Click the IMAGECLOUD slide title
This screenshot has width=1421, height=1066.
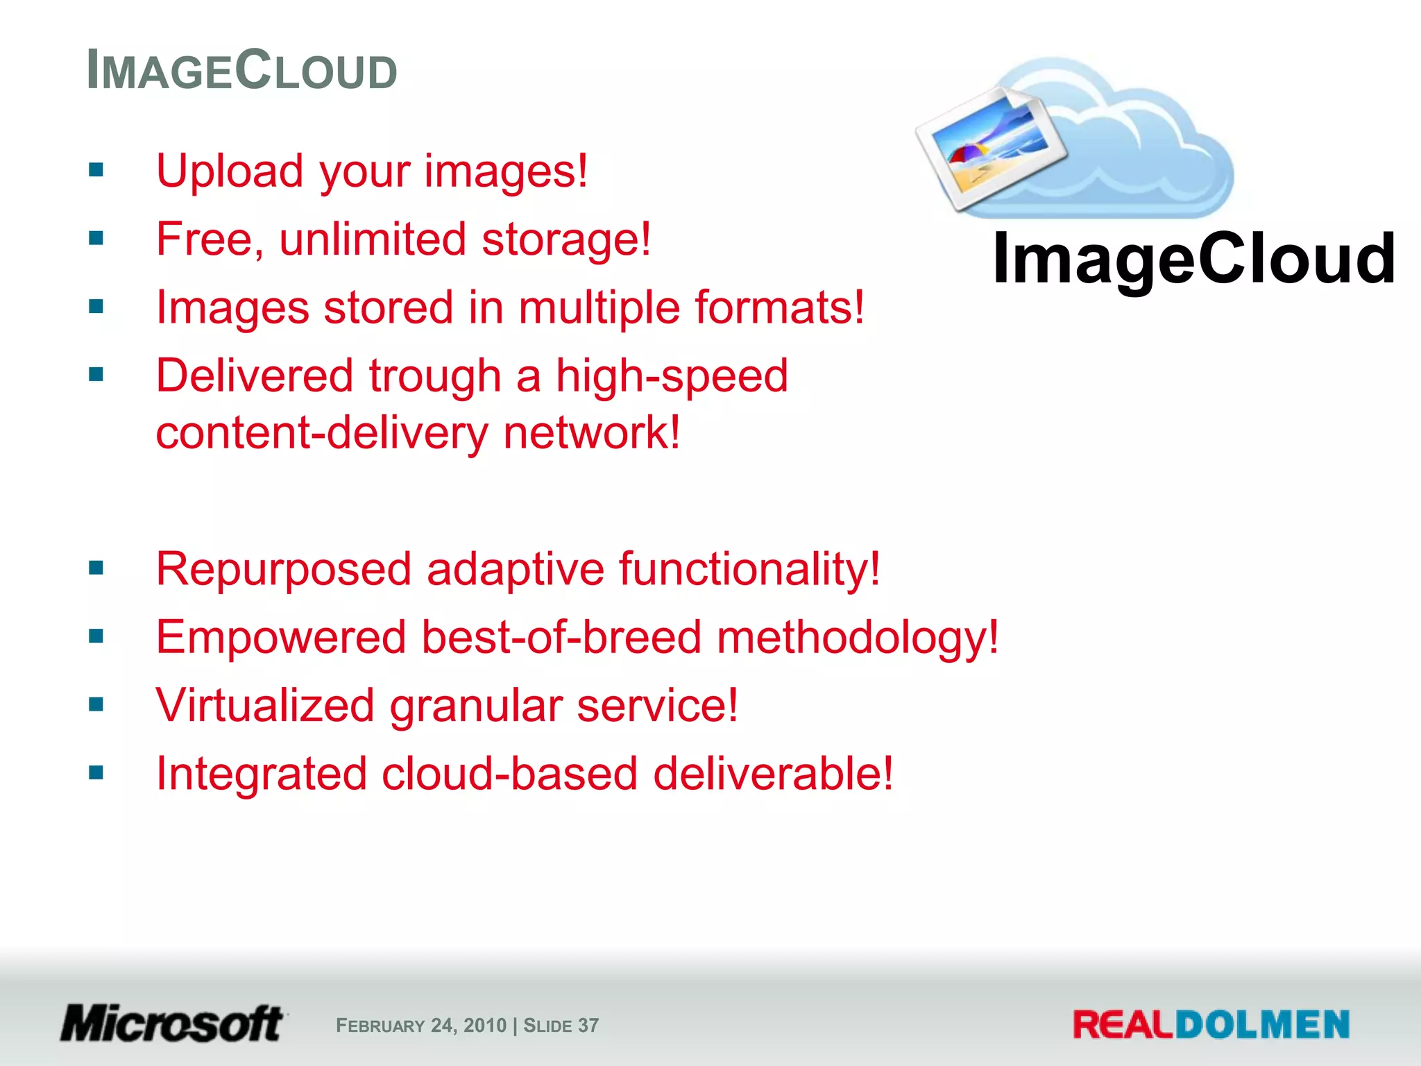click(x=241, y=71)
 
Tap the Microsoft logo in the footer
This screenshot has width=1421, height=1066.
click(x=172, y=1024)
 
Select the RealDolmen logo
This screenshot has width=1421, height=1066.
click(x=1211, y=1025)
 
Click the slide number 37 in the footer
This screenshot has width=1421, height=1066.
click(x=588, y=1026)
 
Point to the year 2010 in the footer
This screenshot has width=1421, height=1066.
click(x=485, y=1026)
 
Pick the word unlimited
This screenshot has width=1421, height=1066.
click(x=373, y=239)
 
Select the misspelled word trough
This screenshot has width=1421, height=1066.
click(x=434, y=376)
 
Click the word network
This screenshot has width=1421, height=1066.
click(x=591, y=433)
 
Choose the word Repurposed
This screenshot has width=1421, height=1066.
click(x=284, y=569)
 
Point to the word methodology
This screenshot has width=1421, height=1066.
click(x=857, y=637)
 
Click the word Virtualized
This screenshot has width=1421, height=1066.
click(x=265, y=706)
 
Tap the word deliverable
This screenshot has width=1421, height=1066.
click(x=773, y=774)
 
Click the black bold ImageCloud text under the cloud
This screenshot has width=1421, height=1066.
click(x=1193, y=259)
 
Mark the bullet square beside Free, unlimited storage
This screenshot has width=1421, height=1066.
click(x=96, y=239)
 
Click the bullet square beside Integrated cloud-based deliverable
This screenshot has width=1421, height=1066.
click(x=96, y=772)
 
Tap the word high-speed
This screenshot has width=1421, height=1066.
click(x=672, y=376)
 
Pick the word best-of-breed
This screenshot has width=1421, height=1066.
click(x=561, y=637)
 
